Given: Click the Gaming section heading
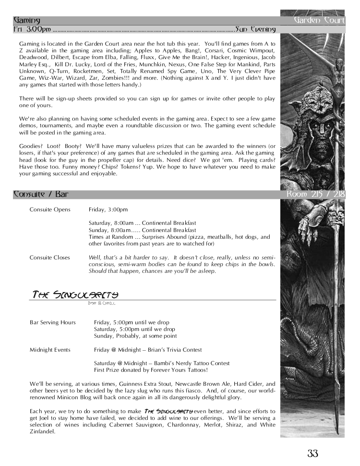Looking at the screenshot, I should point(27,21).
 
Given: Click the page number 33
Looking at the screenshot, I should point(313,453).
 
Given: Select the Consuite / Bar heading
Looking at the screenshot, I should point(40,195).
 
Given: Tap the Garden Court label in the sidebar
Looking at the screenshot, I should point(319,21).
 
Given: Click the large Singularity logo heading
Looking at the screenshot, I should point(75,294).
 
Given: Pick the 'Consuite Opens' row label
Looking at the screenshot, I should point(50,209).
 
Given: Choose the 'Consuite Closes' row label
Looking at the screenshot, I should point(50,258).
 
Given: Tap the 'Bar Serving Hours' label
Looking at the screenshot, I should point(53,322).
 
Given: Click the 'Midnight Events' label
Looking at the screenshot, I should point(50,350).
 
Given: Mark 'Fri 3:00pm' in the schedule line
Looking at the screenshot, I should point(32,30).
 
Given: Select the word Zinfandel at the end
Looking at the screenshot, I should point(43,431).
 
